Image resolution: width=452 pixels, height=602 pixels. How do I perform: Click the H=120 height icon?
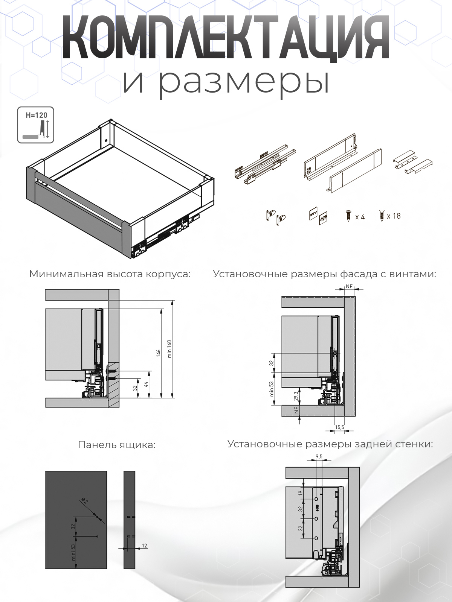pos(35,125)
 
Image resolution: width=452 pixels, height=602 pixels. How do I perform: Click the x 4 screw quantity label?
pos(360,217)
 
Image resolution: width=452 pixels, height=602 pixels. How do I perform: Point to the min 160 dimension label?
pos(169,349)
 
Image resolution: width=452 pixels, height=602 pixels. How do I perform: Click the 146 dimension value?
pos(159,353)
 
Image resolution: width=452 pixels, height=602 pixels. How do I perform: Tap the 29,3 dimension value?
pos(296,396)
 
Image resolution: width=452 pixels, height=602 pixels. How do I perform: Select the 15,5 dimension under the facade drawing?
pos(339,427)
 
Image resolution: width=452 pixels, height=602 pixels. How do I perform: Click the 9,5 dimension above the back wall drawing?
pos(319,457)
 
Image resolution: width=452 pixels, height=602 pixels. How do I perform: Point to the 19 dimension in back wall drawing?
pos(301,493)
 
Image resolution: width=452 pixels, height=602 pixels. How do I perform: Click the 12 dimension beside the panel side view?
pos(145,546)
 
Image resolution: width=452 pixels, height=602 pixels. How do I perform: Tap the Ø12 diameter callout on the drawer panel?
pos(84,500)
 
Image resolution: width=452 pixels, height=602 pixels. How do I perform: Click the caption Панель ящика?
pos(116,445)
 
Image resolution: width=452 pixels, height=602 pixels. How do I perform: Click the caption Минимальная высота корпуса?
pos(110,274)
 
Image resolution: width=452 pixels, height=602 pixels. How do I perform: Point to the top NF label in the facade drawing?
pos(349,287)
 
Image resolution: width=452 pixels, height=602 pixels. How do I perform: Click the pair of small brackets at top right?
pos(412,163)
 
